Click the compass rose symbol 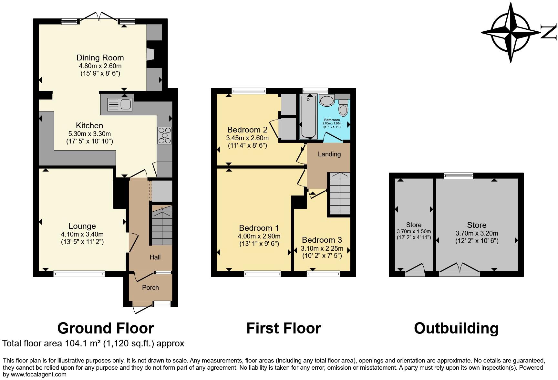(511, 33)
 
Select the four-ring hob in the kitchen (164, 135)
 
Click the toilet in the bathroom (343, 108)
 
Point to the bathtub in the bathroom (309, 116)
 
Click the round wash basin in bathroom (327, 100)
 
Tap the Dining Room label (100, 58)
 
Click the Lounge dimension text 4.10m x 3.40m (82, 234)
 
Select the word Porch (150, 288)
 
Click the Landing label (329, 154)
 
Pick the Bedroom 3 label (322, 240)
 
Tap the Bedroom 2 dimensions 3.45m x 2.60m (247, 138)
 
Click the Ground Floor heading (105, 328)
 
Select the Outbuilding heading (456, 328)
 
